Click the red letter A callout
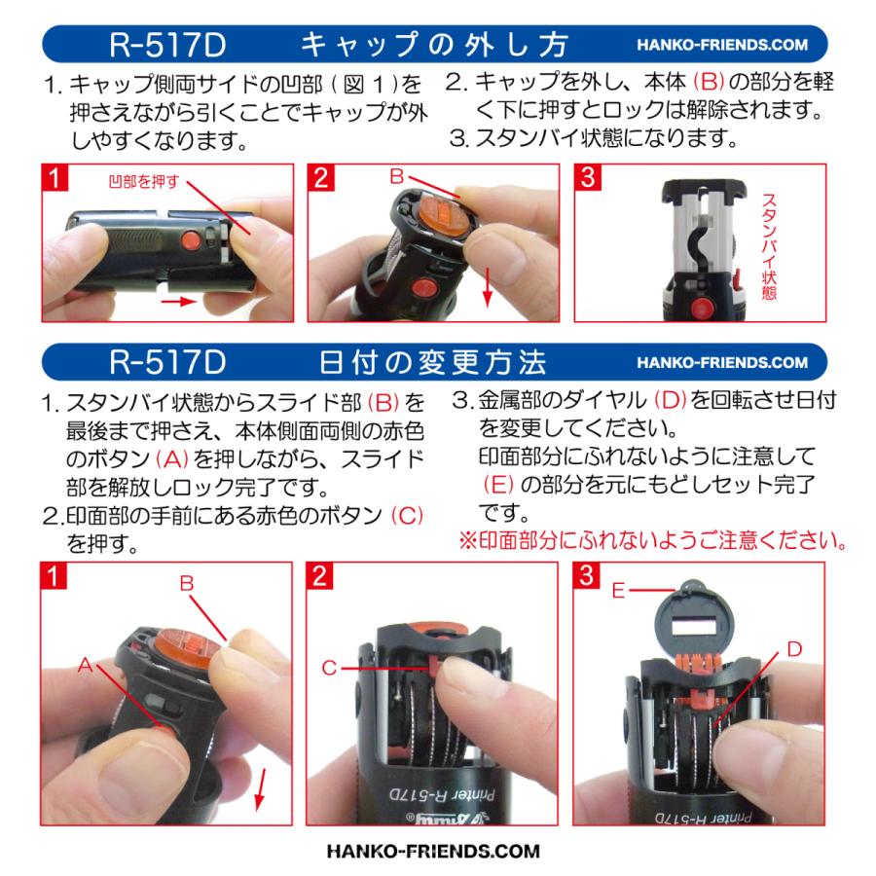pos(86,665)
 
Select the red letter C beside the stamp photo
pos(330,667)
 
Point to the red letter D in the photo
pos(794,649)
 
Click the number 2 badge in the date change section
pos(318,575)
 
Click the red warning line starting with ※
pos(650,539)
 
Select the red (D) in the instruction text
pos(672,401)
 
